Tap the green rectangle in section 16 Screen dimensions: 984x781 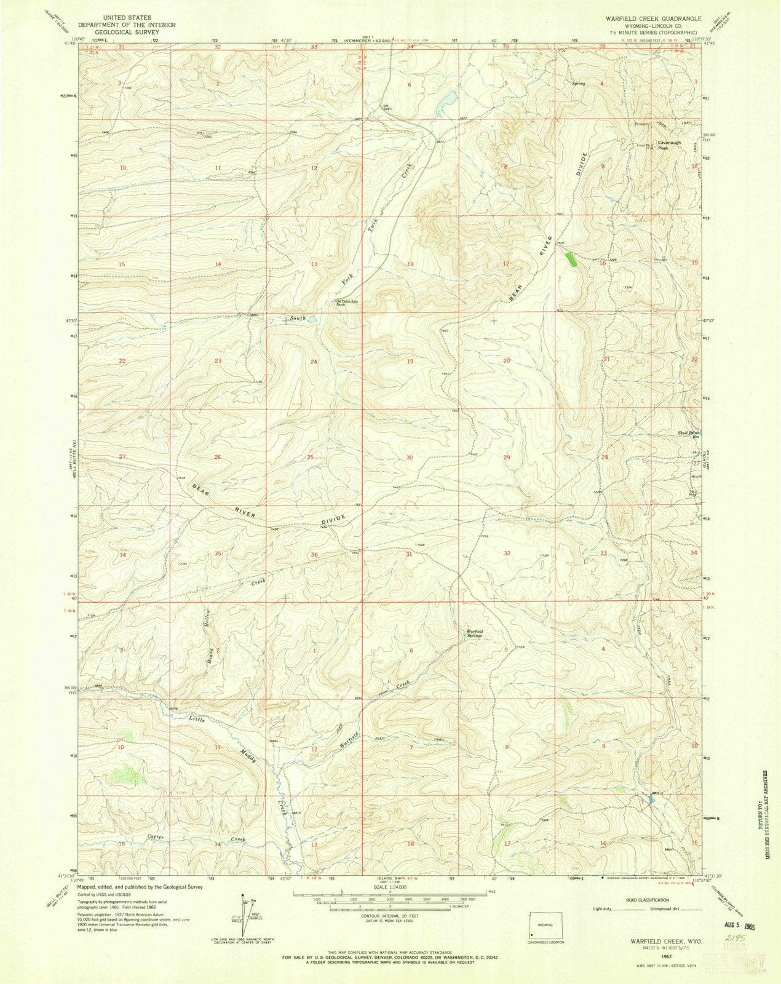(571, 258)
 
